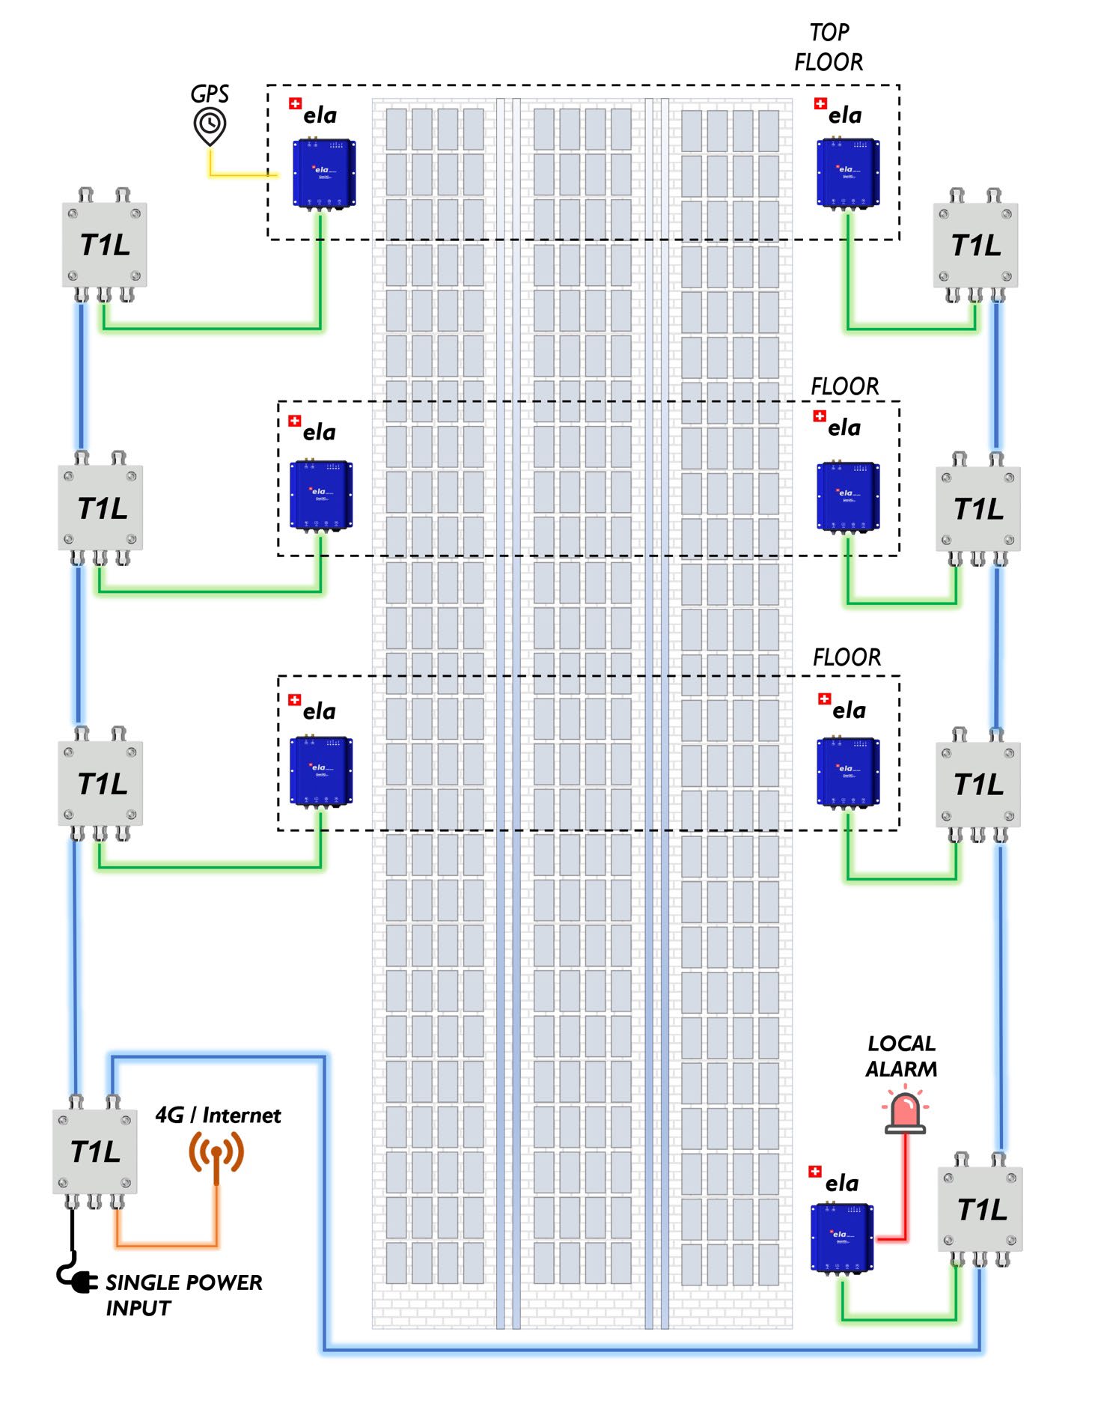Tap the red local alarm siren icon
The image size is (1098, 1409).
[905, 1113]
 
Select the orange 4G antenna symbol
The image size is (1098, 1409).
[216, 1152]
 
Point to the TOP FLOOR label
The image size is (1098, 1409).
[829, 47]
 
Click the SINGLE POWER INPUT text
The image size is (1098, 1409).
[183, 1294]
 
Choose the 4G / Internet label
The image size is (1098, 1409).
[218, 1116]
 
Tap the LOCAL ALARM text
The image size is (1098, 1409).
[901, 1056]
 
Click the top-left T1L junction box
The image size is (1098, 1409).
[104, 245]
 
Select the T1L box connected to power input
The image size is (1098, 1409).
[95, 1151]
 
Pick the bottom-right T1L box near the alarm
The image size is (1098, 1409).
[980, 1208]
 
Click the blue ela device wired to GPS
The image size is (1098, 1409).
[323, 173]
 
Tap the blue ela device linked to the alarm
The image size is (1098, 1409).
[842, 1237]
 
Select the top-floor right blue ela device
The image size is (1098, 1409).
[847, 173]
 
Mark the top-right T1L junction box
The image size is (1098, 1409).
[975, 245]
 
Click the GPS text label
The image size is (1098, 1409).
[210, 94]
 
